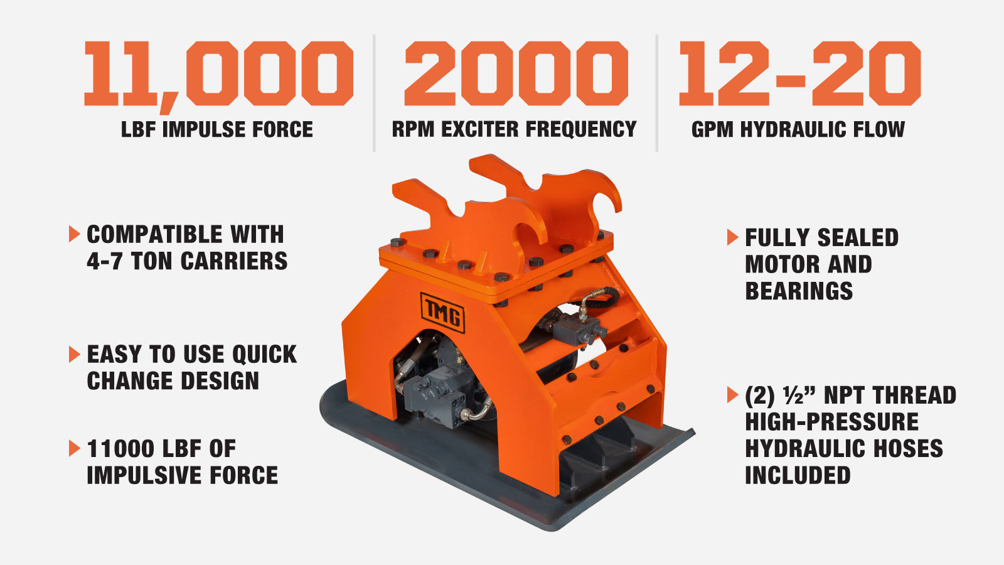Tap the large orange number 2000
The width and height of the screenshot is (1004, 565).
(x=516, y=73)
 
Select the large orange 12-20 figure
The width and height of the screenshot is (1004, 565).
(x=800, y=73)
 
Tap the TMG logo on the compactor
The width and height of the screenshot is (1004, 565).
(x=442, y=313)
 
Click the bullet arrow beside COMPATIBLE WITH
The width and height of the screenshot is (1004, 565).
(x=75, y=234)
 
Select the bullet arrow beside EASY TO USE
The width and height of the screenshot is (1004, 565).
(x=75, y=354)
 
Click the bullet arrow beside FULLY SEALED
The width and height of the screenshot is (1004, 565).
(x=732, y=237)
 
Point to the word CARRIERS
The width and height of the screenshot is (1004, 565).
(x=234, y=261)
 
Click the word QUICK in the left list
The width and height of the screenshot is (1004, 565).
(x=264, y=354)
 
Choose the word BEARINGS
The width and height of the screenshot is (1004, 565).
(x=799, y=291)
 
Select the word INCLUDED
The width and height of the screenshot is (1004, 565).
(x=798, y=475)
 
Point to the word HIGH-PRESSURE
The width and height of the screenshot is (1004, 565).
(x=832, y=422)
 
